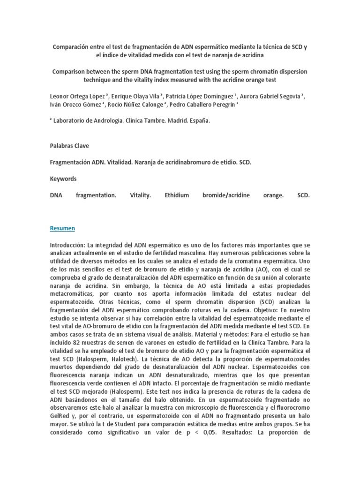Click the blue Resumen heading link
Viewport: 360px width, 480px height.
point(62,228)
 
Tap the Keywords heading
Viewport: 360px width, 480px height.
point(63,179)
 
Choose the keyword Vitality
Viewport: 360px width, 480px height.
point(140,195)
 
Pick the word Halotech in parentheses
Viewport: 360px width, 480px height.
point(112,359)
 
